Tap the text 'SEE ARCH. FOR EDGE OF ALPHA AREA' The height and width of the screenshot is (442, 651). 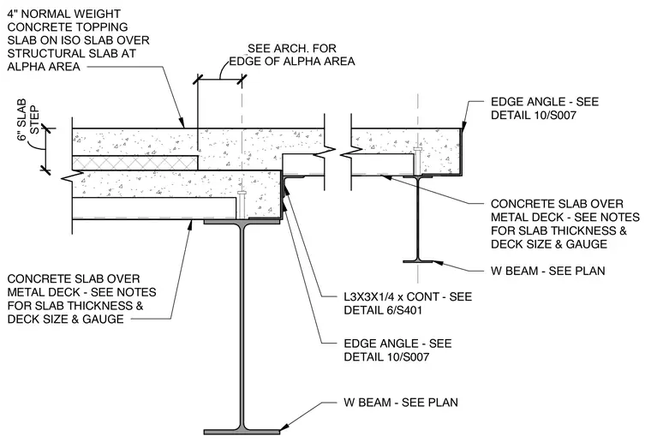click(292, 55)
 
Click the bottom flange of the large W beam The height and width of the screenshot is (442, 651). click(242, 432)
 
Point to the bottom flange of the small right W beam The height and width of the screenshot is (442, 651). click(418, 261)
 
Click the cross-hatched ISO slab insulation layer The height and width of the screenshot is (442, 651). click(135, 163)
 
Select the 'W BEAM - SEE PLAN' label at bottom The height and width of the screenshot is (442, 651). click(401, 402)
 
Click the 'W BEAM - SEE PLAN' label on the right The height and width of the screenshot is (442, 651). click(547, 271)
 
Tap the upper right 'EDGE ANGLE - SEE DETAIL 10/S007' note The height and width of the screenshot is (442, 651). click(545, 108)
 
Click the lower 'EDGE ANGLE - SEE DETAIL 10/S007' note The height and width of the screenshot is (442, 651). click(397, 349)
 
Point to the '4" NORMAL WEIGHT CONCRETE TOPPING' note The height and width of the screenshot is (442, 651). click(78, 40)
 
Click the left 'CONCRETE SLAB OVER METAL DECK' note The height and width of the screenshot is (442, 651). click(81, 299)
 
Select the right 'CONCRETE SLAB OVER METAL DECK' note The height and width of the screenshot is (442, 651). click(565, 224)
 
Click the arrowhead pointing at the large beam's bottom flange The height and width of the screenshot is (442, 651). click(285, 426)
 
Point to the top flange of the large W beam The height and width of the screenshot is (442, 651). click(242, 222)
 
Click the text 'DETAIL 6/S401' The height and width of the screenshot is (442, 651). click(383, 310)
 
